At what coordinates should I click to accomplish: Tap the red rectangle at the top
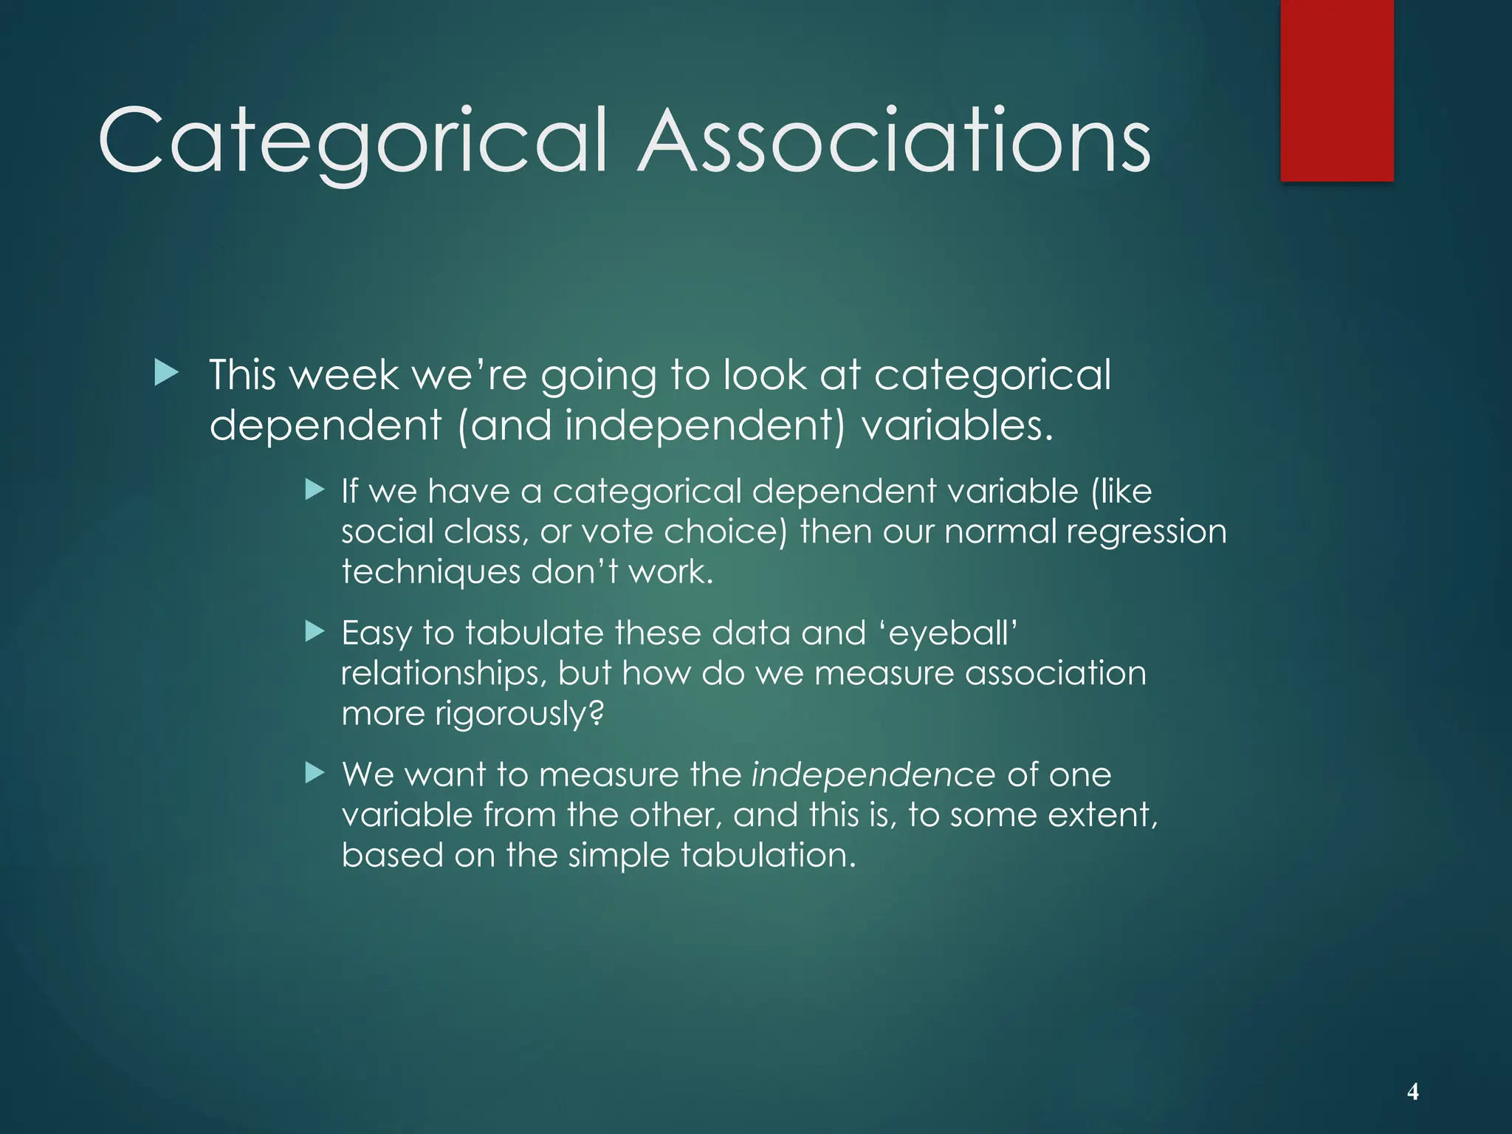pyautogui.click(x=1336, y=90)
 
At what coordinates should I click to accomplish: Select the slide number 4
pyautogui.click(x=1412, y=1091)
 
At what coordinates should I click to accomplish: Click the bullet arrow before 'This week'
pyautogui.click(x=167, y=374)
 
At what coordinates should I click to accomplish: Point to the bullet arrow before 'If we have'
pyautogui.click(x=315, y=489)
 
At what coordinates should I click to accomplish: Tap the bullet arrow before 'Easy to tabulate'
pyautogui.click(x=315, y=631)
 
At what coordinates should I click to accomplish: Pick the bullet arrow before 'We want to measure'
pyautogui.click(x=315, y=773)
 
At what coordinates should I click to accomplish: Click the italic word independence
pyautogui.click(x=873, y=774)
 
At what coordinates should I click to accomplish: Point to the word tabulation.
pyautogui.click(x=767, y=855)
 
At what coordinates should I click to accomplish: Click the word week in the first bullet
pyautogui.click(x=344, y=375)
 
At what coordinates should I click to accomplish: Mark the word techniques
pyautogui.click(x=430, y=572)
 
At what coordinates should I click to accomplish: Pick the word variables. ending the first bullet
pyautogui.click(x=957, y=426)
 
